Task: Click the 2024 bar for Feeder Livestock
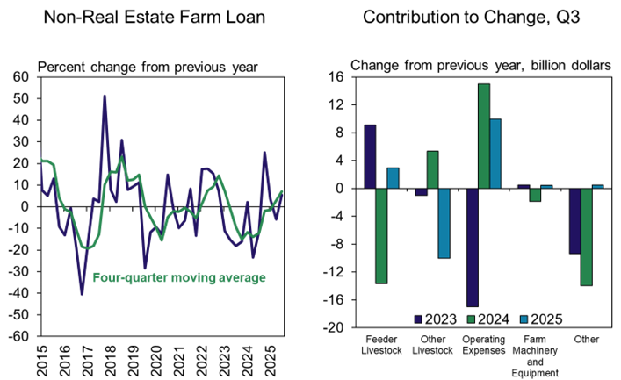tap(381, 236)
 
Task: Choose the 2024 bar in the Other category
tap(586, 237)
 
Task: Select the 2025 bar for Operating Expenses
tap(495, 154)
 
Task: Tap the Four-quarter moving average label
tap(179, 278)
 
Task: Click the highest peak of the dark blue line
tap(105, 96)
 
